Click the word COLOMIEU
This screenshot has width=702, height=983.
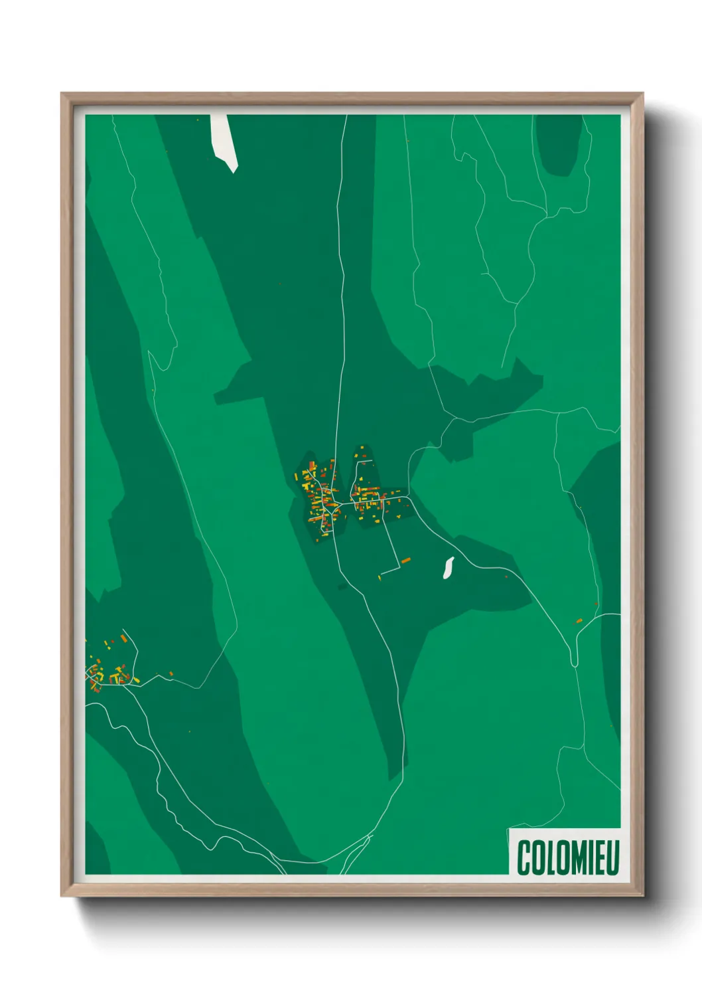[x=567, y=857]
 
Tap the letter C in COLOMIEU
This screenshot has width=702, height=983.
[x=524, y=857]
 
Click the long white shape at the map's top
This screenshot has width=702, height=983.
[x=224, y=141]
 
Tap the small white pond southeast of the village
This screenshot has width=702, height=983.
[x=449, y=567]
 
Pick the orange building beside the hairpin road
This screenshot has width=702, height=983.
[x=579, y=621]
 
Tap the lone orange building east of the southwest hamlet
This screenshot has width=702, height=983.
[x=171, y=674]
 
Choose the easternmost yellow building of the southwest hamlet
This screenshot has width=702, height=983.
[x=137, y=680]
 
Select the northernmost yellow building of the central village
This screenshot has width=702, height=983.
[x=362, y=448]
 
